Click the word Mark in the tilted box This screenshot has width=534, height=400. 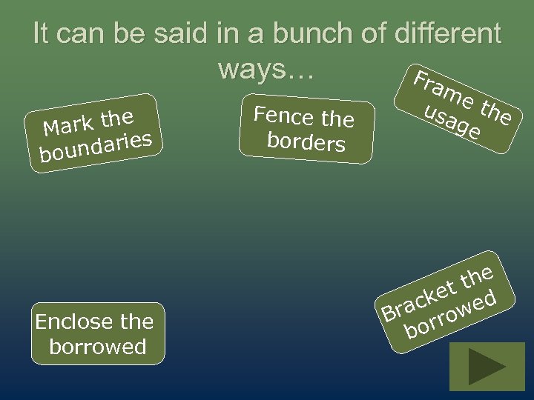click(69, 125)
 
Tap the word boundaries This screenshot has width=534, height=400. click(96, 146)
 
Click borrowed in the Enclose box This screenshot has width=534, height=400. click(98, 346)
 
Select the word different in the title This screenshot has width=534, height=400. click(448, 34)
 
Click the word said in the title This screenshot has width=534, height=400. click(179, 34)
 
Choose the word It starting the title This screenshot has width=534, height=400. click(42, 34)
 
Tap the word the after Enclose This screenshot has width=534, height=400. click(137, 322)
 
